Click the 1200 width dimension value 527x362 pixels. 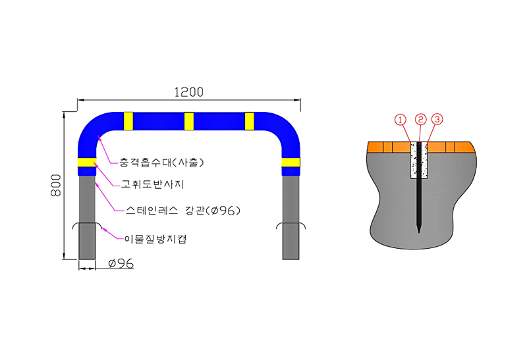coord(189,92)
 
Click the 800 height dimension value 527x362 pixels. coord(56,186)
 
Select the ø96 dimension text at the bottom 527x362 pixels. coord(121,263)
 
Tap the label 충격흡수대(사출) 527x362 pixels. coord(161,163)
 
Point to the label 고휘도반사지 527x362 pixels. coord(152,184)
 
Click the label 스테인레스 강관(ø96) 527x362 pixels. coord(183,211)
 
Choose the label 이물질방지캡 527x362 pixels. coord(155,239)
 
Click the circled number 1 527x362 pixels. coord(401,119)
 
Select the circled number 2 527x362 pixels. coord(420,119)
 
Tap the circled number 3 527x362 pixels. coord(437,119)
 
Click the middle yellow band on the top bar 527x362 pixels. coord(189,121)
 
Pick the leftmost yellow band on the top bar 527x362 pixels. coord(128,121)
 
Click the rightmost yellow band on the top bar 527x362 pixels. coord(250,121)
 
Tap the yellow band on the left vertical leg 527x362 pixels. coord(88,162)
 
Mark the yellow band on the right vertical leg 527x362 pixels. coord(291,162)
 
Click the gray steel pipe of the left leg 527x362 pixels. coord(87,218)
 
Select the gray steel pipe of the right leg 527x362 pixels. coord(291,218)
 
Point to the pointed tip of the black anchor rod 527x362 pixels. coord(419,233)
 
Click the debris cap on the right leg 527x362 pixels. coord(291,225)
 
